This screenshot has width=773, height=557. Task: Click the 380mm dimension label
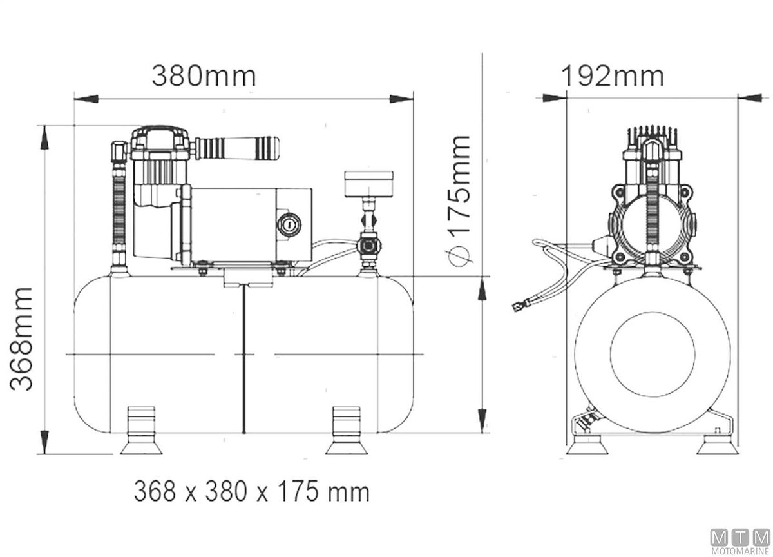click(x=204, y=76)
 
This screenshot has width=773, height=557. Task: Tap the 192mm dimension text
click(x=613, y=76)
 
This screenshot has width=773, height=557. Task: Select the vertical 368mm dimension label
click(x=21, y=339)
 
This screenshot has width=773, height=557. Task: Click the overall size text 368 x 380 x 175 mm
click(x=252, y=492)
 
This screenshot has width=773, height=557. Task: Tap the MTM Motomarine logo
click(x=740, y=540)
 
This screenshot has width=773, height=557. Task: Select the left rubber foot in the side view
click(x=141, y=430)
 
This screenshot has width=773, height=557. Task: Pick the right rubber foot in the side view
click(x=347, y=430)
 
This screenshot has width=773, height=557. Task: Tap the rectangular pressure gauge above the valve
click(x=368, y=184)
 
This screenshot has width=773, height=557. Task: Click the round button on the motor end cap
click(x=289, y=225)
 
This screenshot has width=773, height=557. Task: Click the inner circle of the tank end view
click(x=652, y=355)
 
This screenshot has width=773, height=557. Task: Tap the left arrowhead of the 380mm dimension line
click(x=86, y=99)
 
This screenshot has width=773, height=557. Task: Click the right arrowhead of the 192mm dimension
click(x=750, y=98)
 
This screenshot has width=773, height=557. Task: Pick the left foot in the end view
click(x=587, y=445)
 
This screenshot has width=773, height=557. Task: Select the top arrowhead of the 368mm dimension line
click(x=44, y=138)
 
